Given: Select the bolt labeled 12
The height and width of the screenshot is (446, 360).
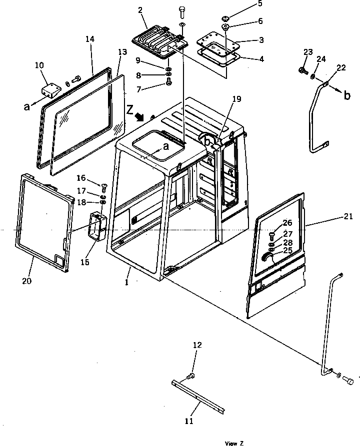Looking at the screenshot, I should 191,375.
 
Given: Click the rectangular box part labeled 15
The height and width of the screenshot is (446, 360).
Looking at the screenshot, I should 97,227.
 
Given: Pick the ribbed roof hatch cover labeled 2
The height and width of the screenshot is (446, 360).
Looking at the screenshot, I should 161,40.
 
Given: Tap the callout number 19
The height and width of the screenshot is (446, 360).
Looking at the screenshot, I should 236,99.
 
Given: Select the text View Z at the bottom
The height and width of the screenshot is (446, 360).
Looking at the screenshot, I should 234,443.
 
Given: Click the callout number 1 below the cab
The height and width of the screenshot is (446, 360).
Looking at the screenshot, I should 127,282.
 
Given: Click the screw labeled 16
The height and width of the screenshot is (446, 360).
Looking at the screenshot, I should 104,188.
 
